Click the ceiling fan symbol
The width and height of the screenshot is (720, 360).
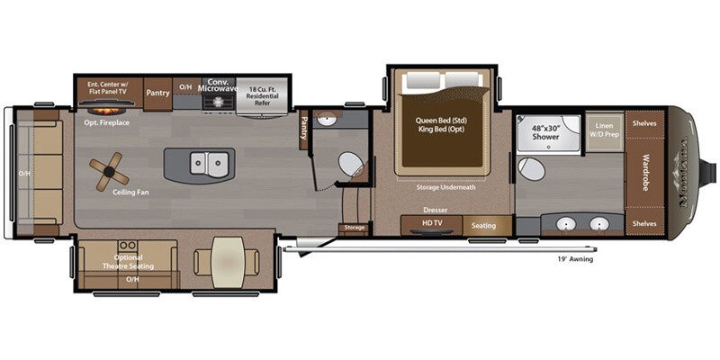107,168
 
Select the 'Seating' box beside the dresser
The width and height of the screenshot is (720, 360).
484,225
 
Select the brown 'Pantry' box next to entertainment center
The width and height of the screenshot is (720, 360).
157,92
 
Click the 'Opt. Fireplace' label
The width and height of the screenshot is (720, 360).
107,121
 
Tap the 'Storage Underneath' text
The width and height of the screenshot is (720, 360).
445,187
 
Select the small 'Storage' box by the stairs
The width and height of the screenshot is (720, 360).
355,228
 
